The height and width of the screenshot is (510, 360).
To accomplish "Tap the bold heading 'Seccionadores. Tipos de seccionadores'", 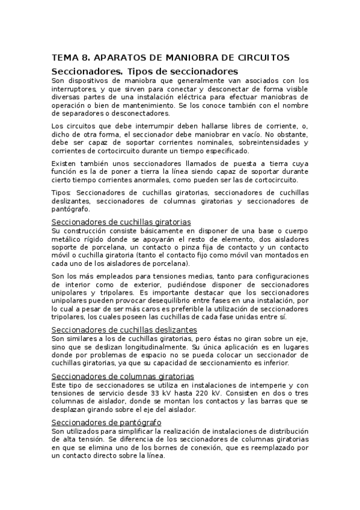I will click(x=141, y=72).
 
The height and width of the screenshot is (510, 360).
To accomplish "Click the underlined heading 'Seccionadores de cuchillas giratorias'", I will click(x=121, y=222).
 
